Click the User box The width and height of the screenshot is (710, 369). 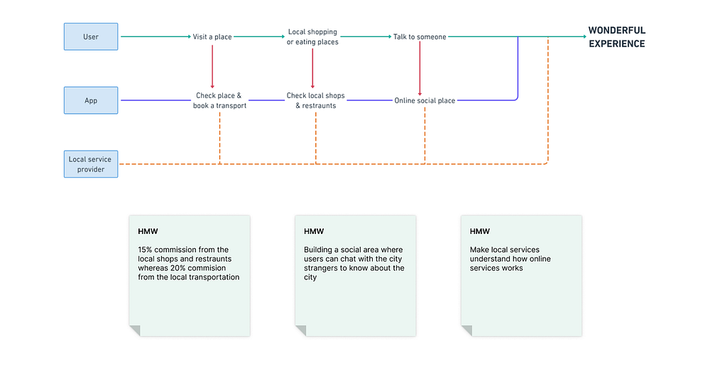[x=91, y=37]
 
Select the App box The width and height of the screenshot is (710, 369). [x=91, y=100]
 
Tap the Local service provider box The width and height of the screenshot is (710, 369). [x=91, y=164]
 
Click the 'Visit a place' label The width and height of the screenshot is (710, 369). [x=212, y=37]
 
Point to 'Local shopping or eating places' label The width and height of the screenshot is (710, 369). [x=312, y=37]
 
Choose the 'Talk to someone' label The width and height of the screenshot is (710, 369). [x=420, y=37]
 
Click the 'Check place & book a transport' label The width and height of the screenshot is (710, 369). [x=219, y=101]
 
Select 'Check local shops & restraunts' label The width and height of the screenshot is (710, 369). [x=316, y=101]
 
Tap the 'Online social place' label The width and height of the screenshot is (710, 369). [x=425, y=101]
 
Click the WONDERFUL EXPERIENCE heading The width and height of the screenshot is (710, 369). [x=617, y=37]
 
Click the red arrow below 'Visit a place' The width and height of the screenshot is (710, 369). [x=212, y=66]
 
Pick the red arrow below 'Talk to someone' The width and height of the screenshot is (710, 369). [x=420, y=68]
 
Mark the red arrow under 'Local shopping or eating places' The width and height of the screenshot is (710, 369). [x=312, y=68]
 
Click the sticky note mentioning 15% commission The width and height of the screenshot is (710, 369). [x=190, y=276]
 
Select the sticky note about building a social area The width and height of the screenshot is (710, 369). [x=356, y=276]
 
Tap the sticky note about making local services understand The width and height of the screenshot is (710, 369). [x=521, y=276]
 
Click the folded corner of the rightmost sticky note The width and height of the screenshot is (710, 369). [x=466, y=331]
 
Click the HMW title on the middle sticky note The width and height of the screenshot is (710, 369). [x=314, y=231]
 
